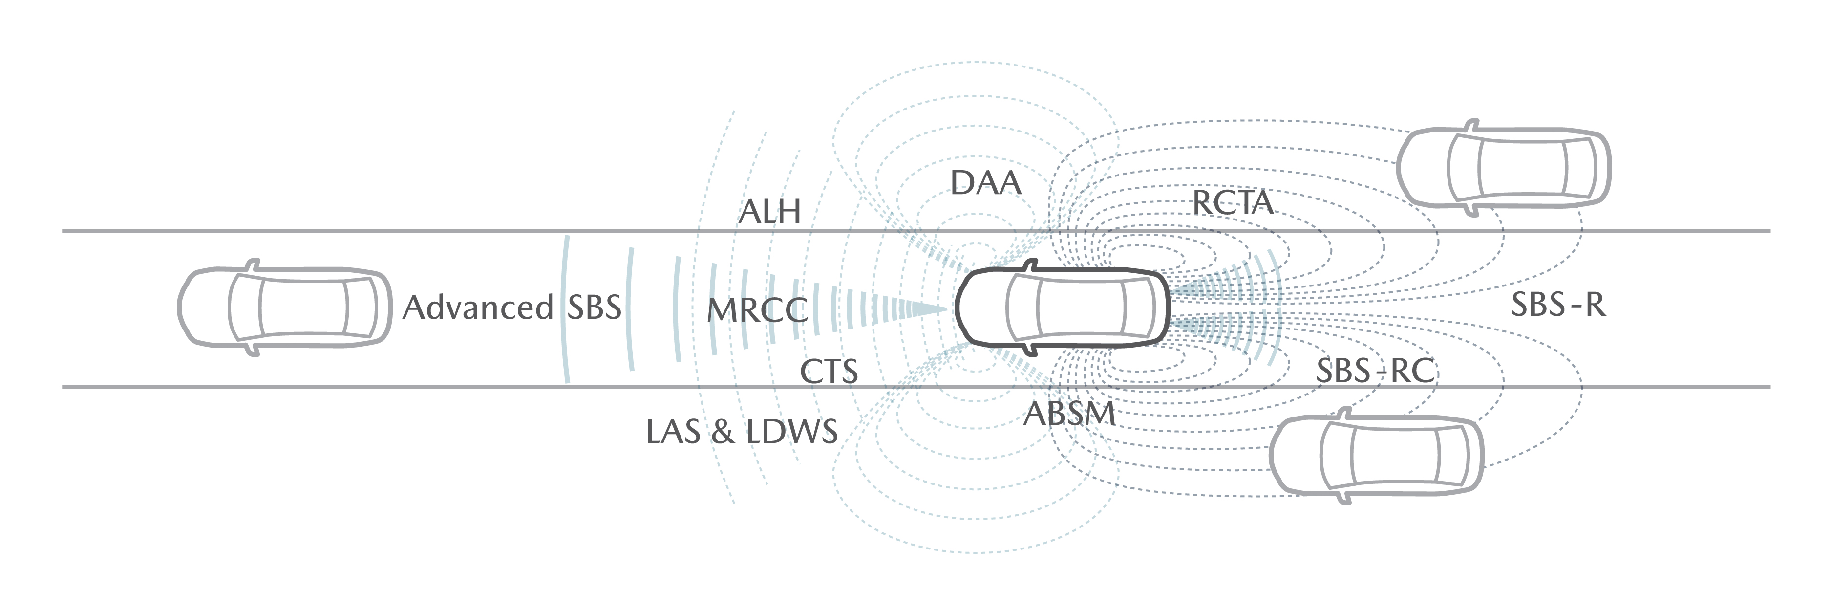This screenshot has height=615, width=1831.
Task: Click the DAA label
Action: (986, 183)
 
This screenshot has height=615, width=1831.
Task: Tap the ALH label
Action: (770, 212)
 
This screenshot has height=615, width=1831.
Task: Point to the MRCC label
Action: (758, 311)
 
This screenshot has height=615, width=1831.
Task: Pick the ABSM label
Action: (1070, 414)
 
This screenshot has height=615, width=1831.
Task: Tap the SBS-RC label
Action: (1375, 371)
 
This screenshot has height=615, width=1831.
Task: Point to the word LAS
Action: (673, 432)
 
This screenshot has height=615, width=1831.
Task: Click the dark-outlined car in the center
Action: (1063, 307)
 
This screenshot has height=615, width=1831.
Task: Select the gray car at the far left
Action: (284, 307)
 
